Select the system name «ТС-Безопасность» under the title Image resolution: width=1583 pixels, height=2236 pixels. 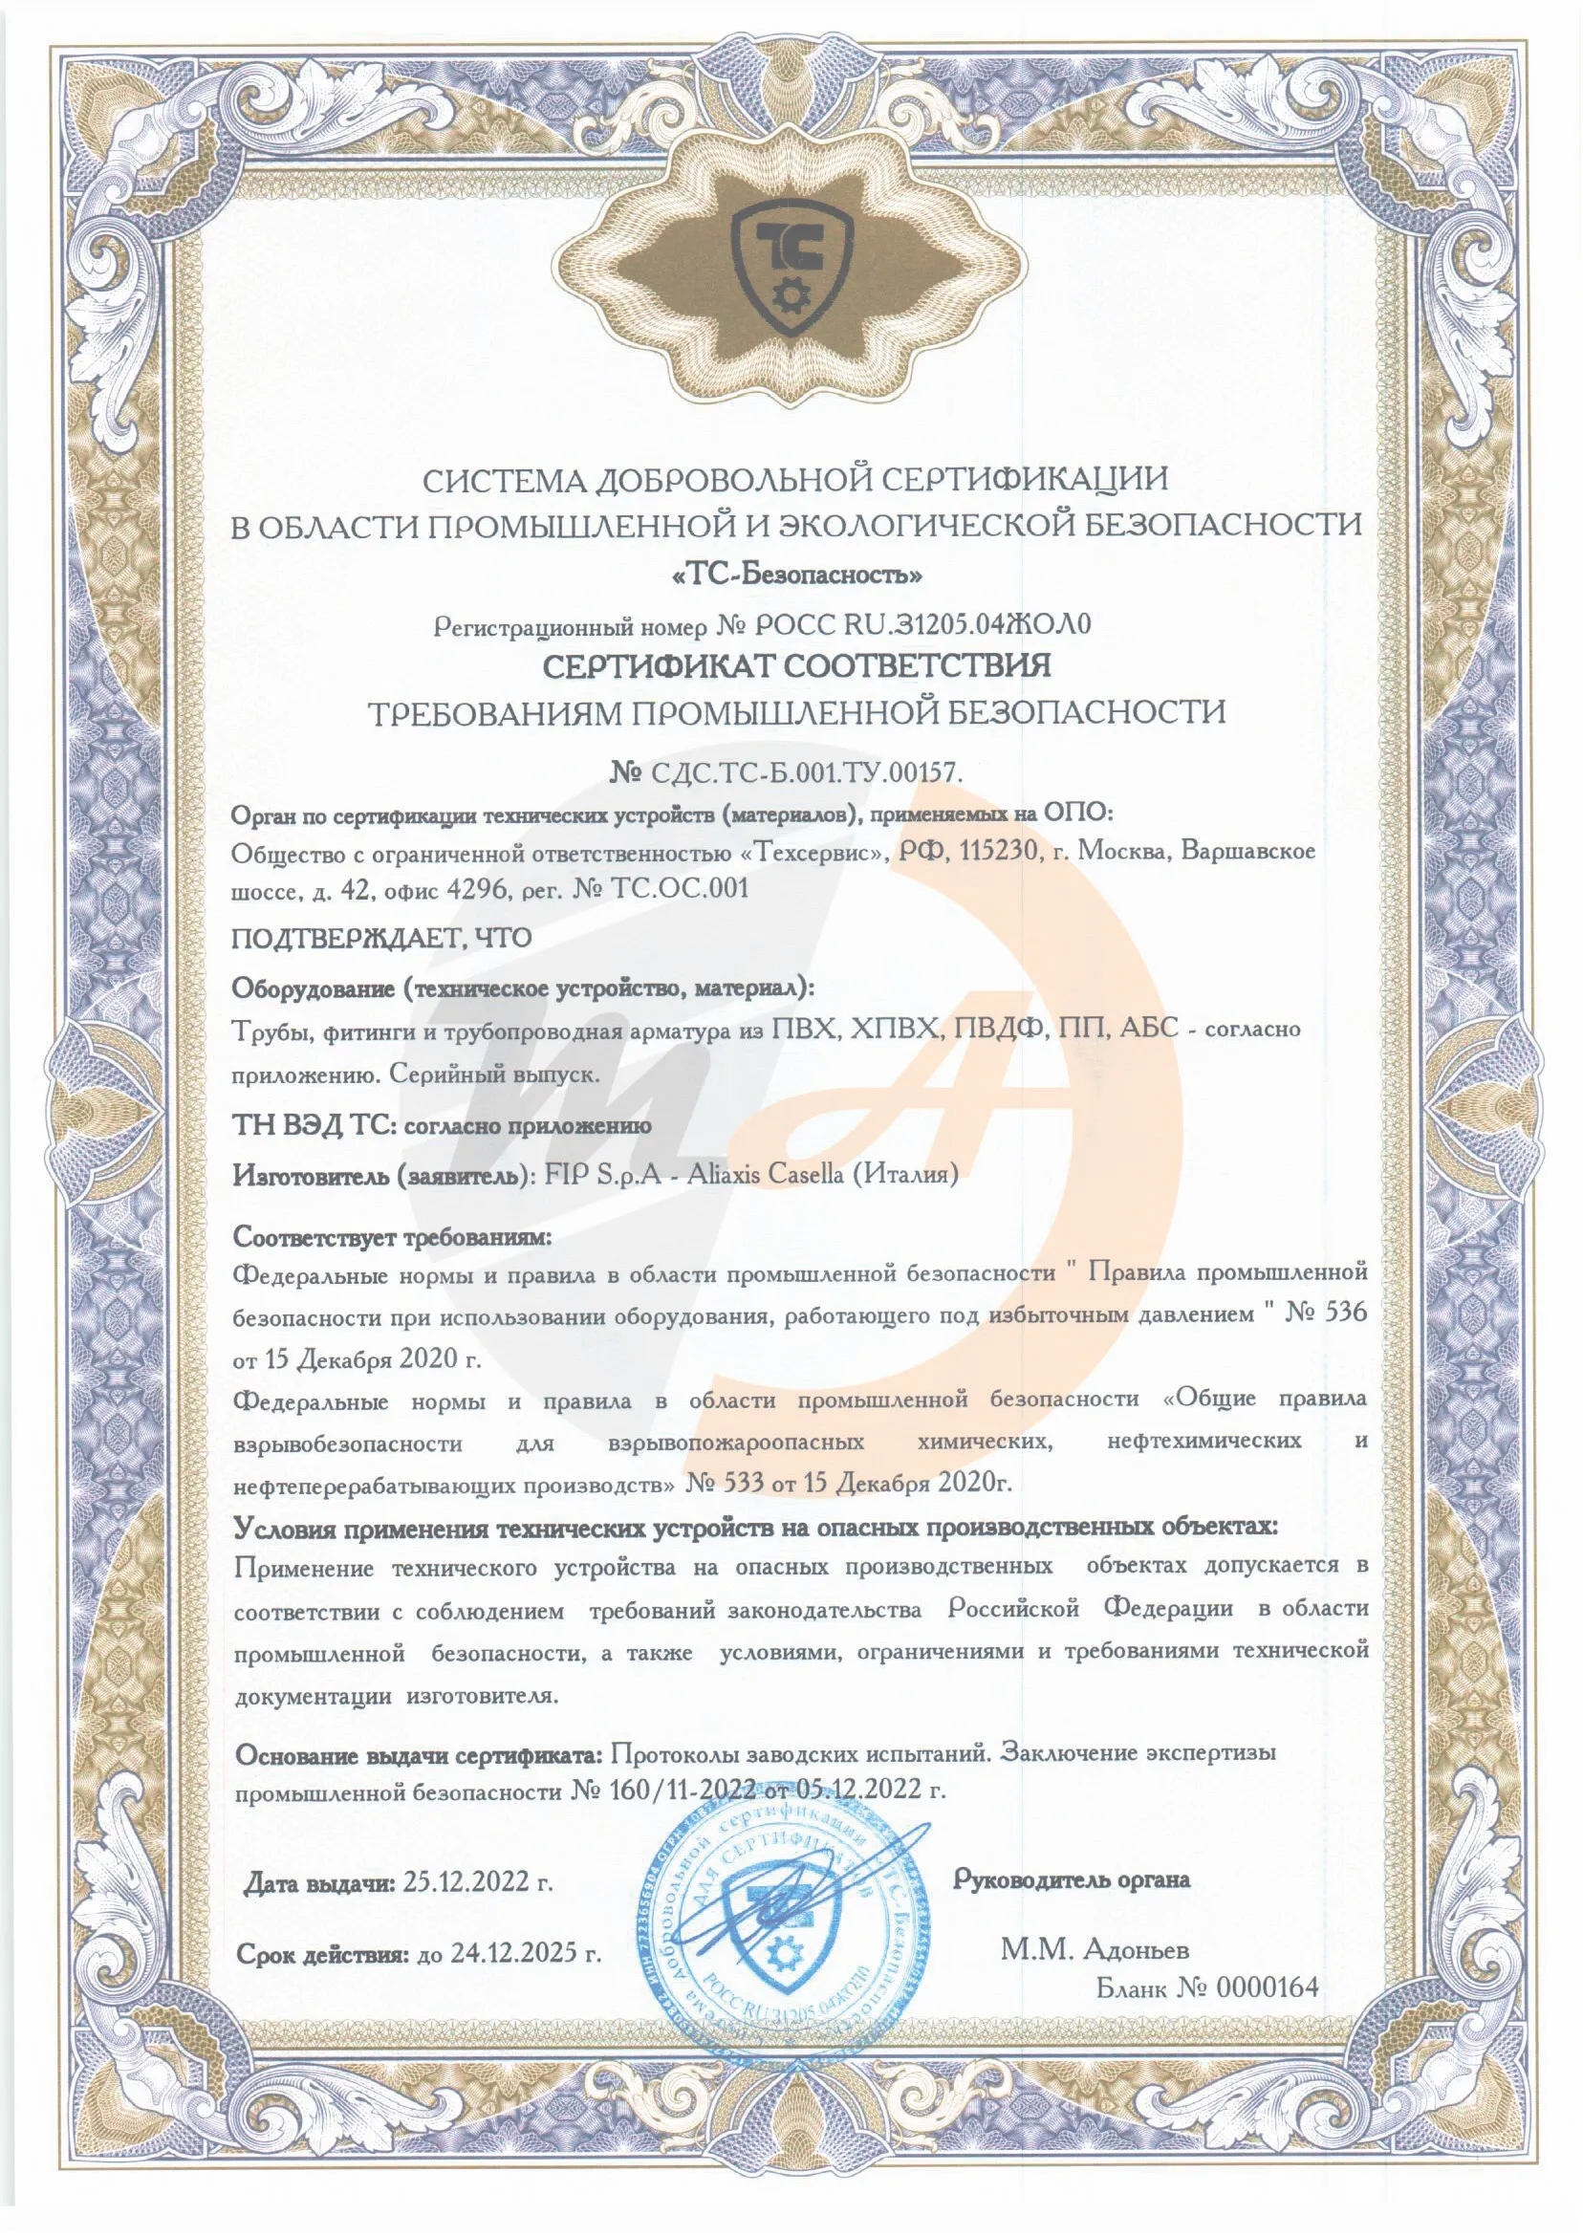pyautogui.click(x=797, y=575)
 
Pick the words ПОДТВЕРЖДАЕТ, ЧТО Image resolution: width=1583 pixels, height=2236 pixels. pyautogui.click(x=381, y=938)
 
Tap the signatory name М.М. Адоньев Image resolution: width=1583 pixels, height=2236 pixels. pyautogui.click(x=1095, y=1949)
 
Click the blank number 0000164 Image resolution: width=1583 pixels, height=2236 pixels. pyautogui.click(x=1267, y=1986)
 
